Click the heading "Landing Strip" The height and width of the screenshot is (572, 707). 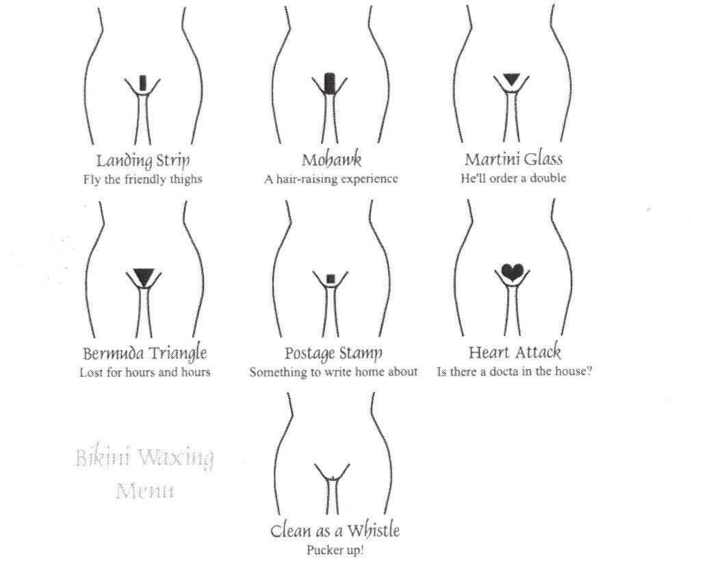(143, 161)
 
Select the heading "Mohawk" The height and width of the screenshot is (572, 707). (331, 160)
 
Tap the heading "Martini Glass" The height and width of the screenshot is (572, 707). (513, 159)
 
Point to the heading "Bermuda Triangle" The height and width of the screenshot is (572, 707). (144, 353)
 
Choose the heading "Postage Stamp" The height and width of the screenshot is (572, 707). (333, 353)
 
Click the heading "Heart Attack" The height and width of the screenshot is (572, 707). (515, 352)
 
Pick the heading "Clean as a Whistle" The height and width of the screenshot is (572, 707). (335, 530)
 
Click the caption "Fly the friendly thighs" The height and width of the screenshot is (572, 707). (143, 179)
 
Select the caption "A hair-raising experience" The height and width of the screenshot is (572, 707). (331, 179)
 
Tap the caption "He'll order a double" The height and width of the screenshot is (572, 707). (513, 178)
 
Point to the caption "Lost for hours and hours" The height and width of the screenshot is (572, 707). (144, 372)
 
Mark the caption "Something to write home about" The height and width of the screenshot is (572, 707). (334, 372)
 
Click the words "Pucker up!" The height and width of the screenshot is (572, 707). (335, 550)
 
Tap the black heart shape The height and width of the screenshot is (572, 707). (513, 272)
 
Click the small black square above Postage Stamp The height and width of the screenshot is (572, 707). (331, 278)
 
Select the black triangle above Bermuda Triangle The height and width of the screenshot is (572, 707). (144, 276)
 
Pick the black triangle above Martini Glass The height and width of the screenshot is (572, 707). (511, 79)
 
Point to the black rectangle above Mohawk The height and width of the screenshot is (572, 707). (330, 83)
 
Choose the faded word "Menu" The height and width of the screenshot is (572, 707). (144, 491)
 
